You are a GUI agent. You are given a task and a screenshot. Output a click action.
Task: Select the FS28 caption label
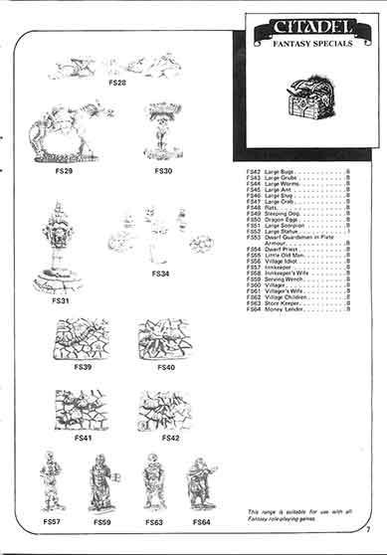pyautogui.click(x=116, y=84)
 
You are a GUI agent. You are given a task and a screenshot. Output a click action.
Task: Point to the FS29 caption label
pyautogui.click(x=65, y=170)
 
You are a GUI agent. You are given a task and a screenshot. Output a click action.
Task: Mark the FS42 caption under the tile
pyautogui.click(x=170, y=438)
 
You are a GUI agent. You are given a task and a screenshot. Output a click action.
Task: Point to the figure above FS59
pyautogui.click(x=101, y=482)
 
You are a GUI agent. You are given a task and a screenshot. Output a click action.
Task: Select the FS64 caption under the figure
pyautogui.click(x=202, y=521)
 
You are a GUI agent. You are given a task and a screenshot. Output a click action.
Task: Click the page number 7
pyautogui.click(x=367, y=542)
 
